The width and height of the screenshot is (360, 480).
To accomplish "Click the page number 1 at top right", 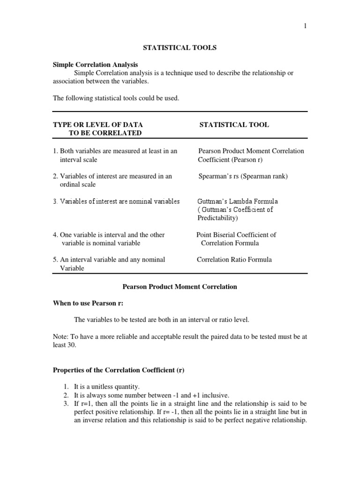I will click(x=305, y=26).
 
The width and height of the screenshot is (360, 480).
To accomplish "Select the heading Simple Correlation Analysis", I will click(x=95, y=65).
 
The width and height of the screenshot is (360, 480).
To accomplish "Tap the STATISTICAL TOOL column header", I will click(x=234, y=125).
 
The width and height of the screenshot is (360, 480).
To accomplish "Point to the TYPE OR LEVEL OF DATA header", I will click(x=97, y=125).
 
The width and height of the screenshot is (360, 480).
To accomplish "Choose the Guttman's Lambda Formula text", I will click(x=238, y=201).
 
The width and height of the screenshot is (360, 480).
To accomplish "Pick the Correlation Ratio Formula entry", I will click(x=234, y=259).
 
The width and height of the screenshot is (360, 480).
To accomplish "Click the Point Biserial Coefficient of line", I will click(x=236, y=235).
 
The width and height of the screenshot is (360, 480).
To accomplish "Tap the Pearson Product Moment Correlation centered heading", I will click(x=180, y=286).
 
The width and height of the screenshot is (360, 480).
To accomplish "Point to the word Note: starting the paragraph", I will click(x=60, y=337).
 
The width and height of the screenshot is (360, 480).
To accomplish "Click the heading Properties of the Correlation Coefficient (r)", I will click(x=118, y=370).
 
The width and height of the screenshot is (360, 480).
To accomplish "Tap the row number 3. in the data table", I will click(x=55, y=201).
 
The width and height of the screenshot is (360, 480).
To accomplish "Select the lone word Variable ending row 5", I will click(x=72, y=268).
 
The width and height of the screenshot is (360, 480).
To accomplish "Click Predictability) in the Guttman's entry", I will click(x=217, y=218).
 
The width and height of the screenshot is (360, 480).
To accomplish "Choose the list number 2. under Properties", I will click(x=66, y=395).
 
